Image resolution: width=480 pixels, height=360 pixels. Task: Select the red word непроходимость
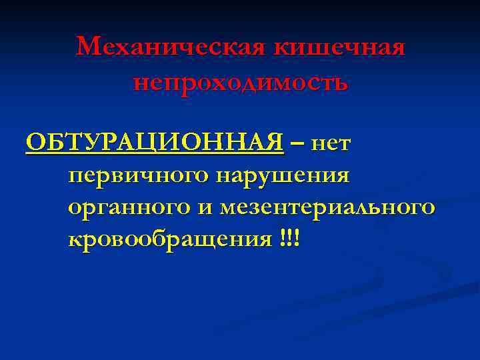click(x=240, y=83)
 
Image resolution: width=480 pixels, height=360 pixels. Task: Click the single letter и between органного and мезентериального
click(x=205, y=208)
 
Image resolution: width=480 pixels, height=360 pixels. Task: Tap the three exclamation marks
click(x=291, y=239)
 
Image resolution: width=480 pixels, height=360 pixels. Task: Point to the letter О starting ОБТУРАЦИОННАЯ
click(x=34, y=142)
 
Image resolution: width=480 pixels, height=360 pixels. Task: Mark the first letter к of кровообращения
click(x=74, y=240)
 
